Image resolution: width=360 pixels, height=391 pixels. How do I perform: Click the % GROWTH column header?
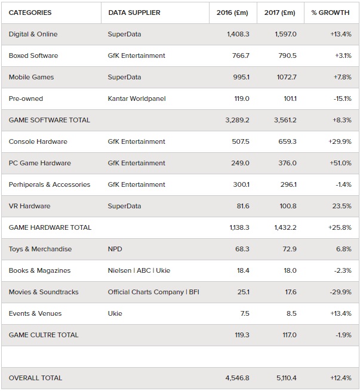[x=330, y=13]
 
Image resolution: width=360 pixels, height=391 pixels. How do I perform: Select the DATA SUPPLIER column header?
[x=134, y=13]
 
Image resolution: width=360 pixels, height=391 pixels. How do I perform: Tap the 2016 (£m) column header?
[x=232, y=13]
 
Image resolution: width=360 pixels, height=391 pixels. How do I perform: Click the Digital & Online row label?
[x=33, y=34]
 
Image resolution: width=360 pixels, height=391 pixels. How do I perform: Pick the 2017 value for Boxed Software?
[x=287, y=56]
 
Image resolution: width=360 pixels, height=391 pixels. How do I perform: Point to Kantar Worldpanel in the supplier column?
[x=137, y=98]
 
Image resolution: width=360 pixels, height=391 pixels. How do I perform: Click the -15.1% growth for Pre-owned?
[x=343, y=98]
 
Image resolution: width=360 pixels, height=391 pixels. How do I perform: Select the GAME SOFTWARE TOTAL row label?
[x=50, y=120]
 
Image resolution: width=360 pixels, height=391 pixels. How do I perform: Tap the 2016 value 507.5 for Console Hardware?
[x=241, y=141]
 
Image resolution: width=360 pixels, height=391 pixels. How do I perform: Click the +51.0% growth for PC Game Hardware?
[x=340, y=163]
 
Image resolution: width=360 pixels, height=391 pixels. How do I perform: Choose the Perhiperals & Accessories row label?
[x=50, y=184]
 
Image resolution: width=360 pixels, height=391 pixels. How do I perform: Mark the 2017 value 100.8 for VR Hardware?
[x=288, y=206]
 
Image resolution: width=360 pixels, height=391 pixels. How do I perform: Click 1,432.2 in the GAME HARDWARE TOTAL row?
[x=285, y=227]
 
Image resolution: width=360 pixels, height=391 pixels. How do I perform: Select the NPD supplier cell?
[x=115, y=249]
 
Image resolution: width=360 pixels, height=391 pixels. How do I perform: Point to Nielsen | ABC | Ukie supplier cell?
[x=139, y=270]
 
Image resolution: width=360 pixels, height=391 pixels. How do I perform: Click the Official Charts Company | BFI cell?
[x=153, y=292]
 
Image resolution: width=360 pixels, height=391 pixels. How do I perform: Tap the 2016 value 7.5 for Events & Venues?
[x=245, y=313]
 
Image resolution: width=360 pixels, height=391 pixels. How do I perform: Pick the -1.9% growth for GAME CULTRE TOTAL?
[x=343, y=335]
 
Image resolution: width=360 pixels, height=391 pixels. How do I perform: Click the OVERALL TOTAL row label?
[x=35, y=378]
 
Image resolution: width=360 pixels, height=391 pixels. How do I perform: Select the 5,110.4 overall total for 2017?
[x=287, y=378]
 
